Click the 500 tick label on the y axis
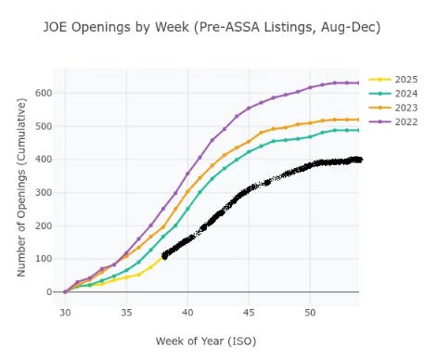45,125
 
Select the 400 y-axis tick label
45,159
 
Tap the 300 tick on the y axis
45,192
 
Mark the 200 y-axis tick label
45,225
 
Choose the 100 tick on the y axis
45,259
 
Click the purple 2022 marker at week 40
187,174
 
